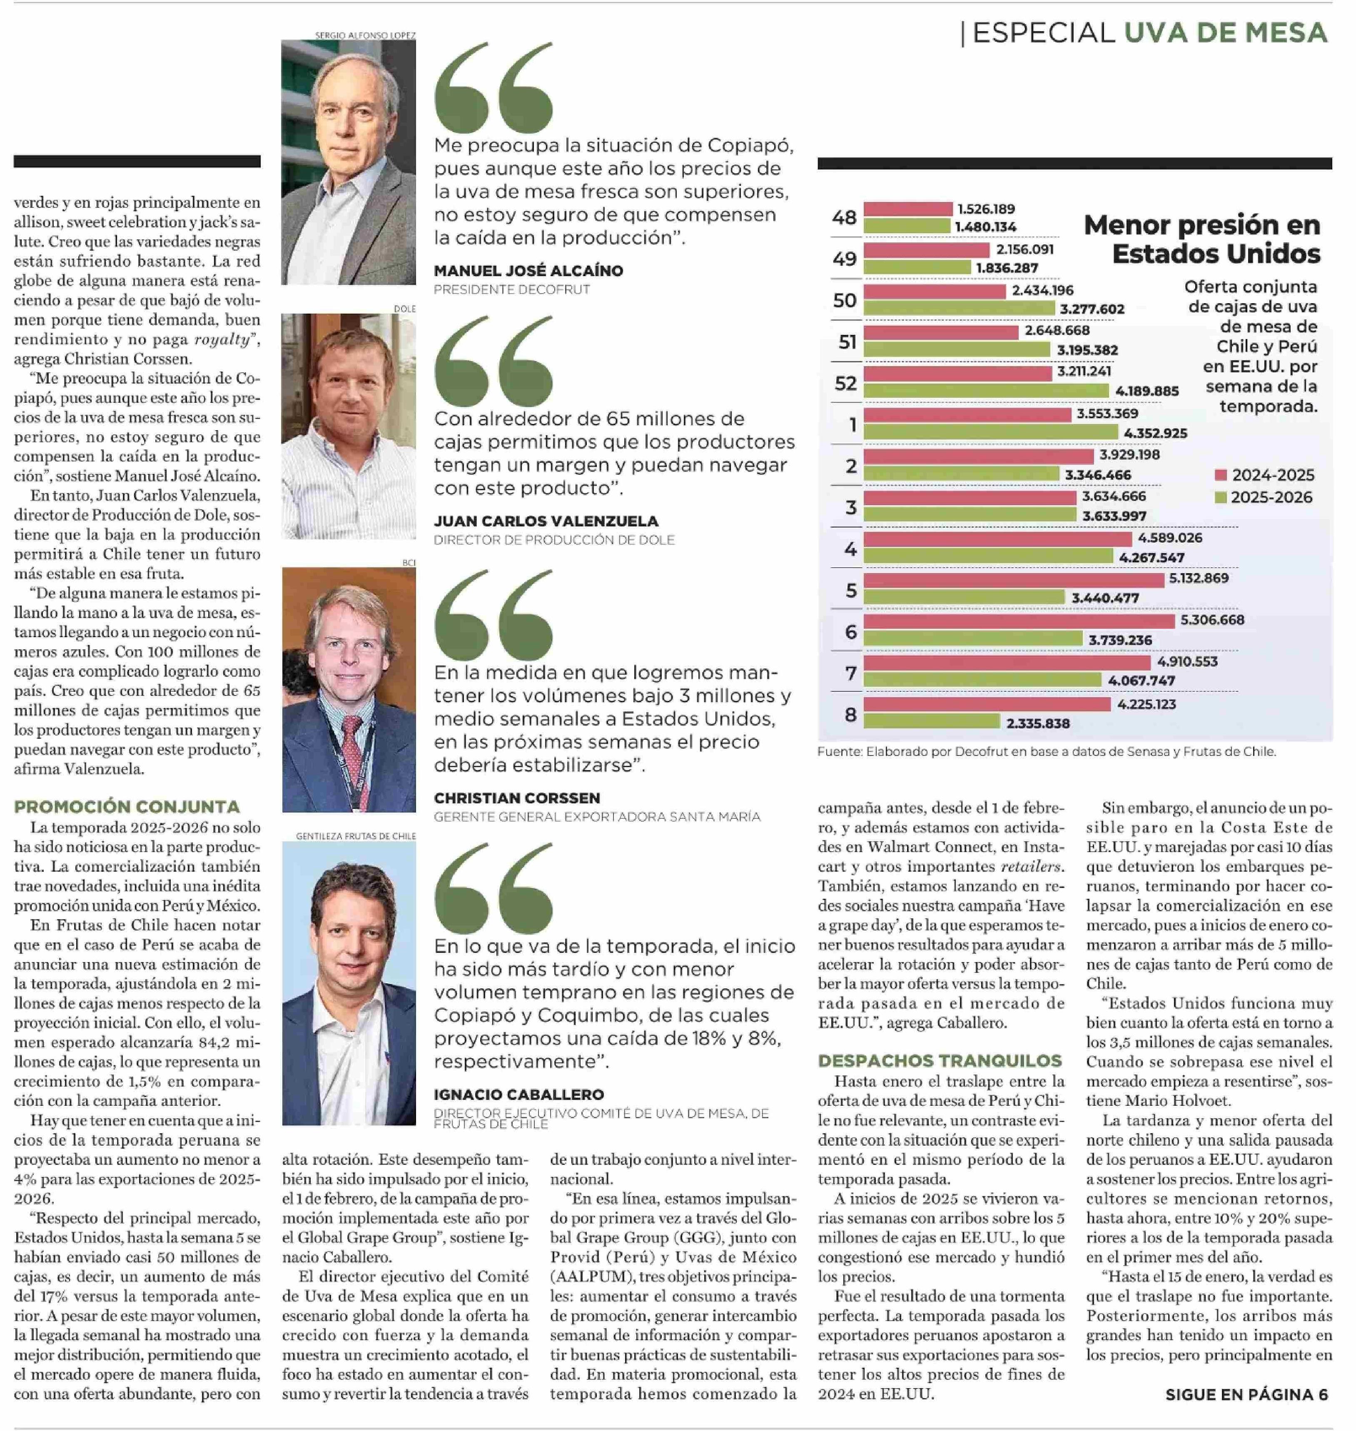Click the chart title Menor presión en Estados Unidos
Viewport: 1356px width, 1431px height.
tap(1201, 239)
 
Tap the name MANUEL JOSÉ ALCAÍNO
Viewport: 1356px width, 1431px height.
tap(528, 271)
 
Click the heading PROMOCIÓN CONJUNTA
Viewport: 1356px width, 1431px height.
tap(127, 807)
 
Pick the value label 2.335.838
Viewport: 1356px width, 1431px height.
tap(1037, 723)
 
